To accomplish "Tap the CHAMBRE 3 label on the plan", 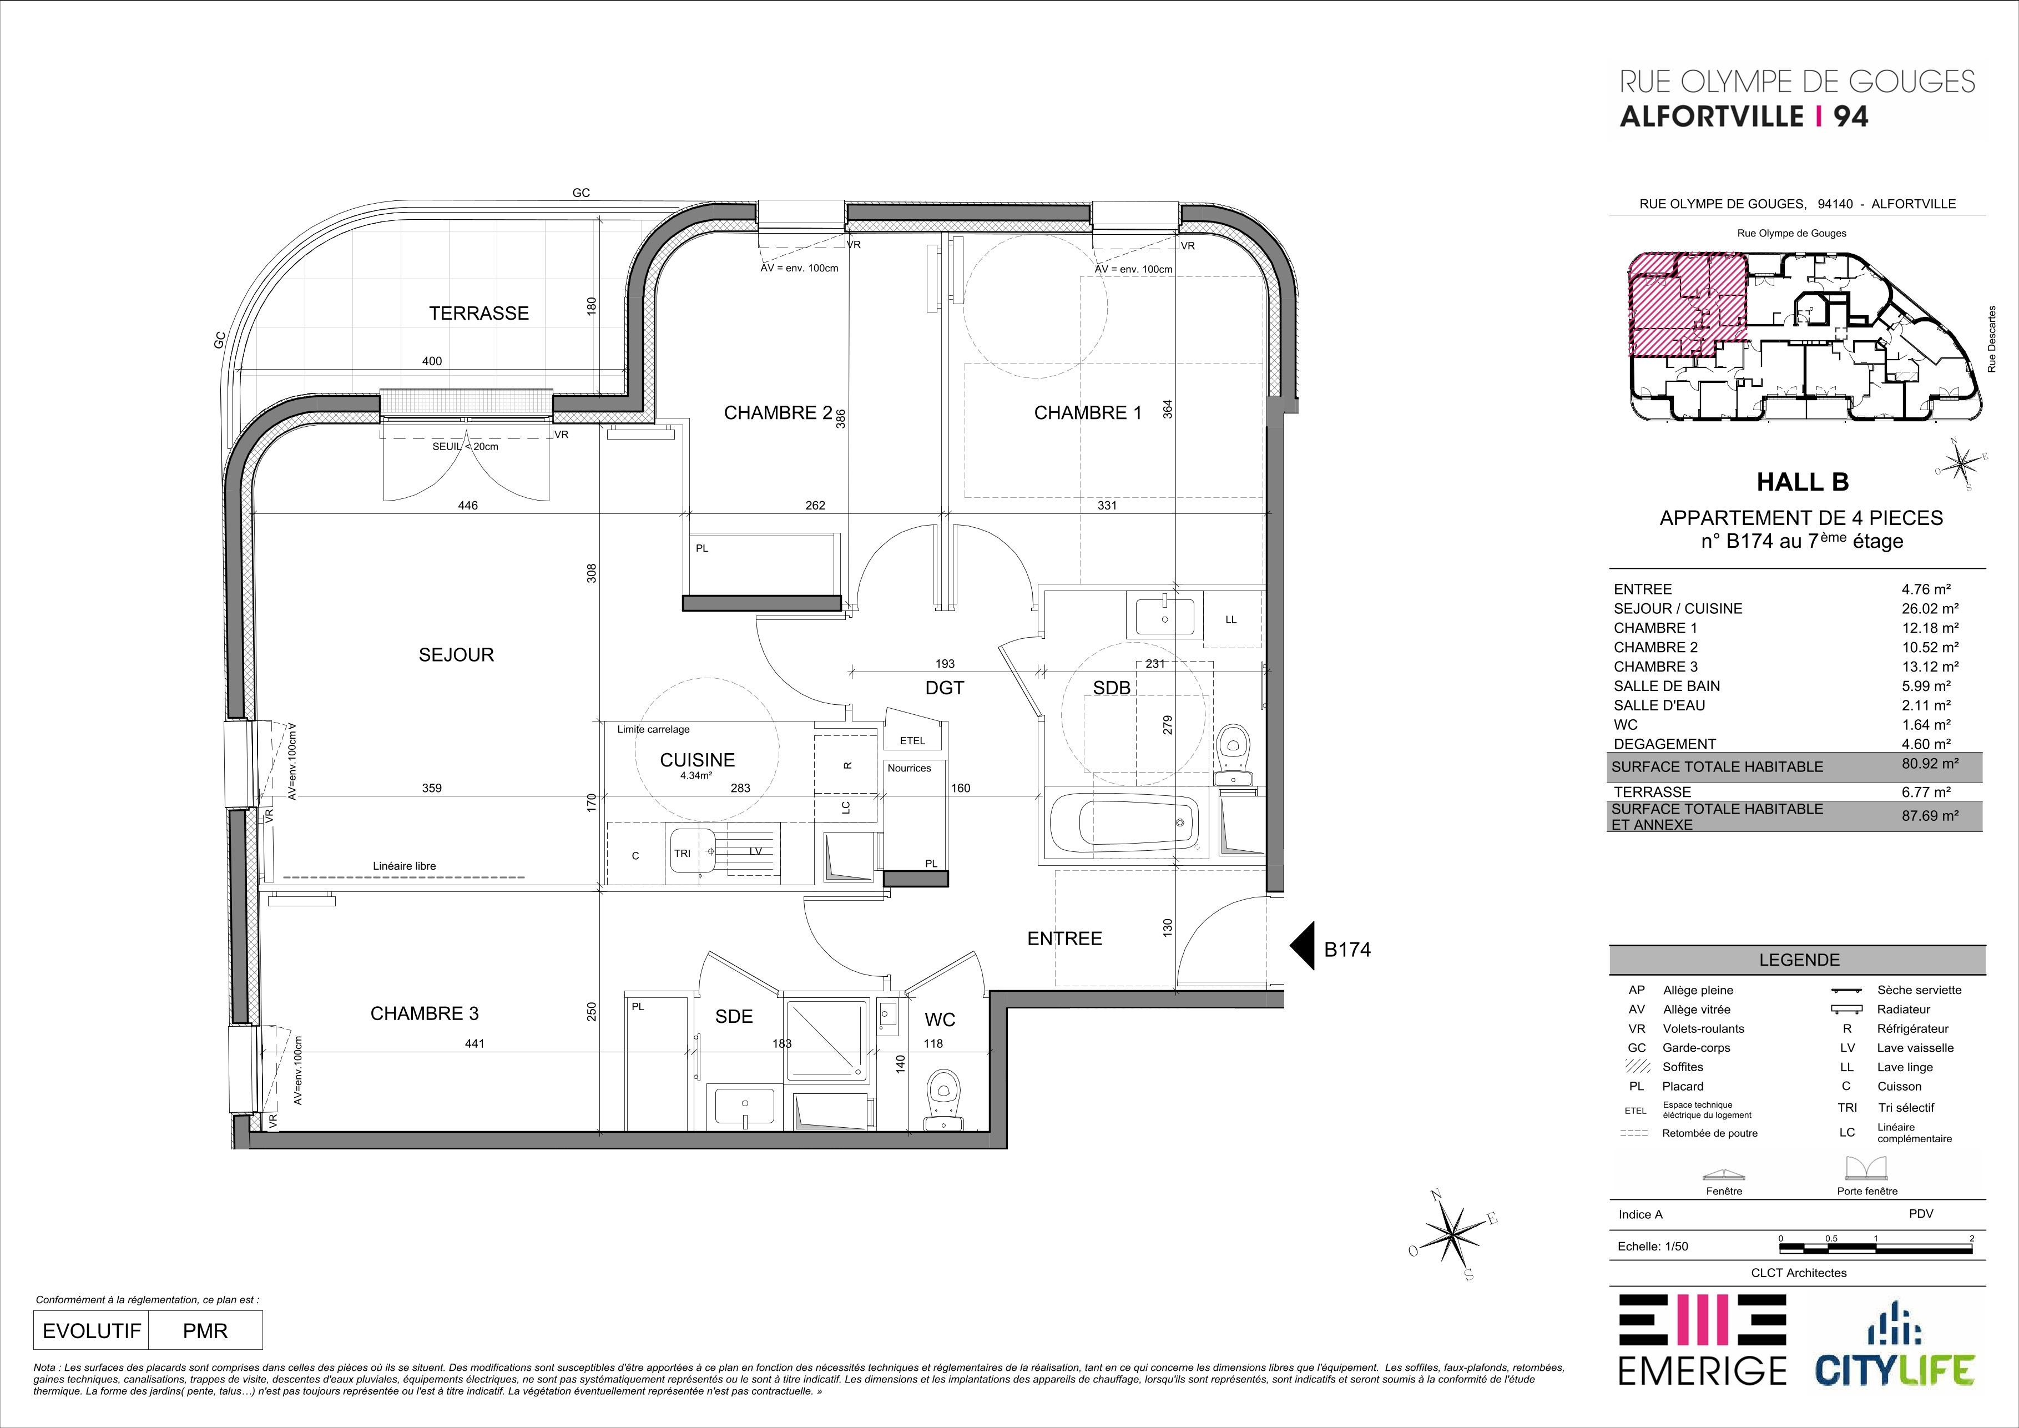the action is [x=424, y=1014].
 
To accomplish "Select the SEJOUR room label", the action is [x=456, y=654].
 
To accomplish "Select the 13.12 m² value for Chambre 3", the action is [x=1930, y=667].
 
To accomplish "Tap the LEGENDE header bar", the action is [x=1798, y=960].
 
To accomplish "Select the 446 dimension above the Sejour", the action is [x=468, y=506].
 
